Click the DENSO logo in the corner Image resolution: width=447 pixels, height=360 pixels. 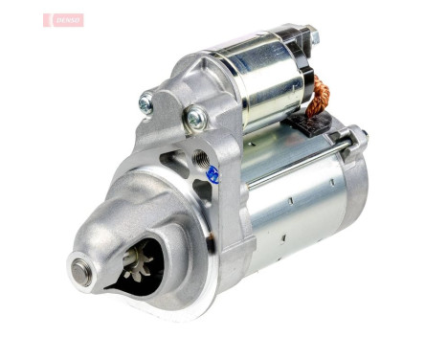coord(63,20)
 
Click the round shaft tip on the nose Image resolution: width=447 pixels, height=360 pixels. coord(80,267)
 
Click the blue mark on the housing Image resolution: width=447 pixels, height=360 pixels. coord(212,174)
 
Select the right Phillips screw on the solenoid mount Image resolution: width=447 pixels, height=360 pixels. coord(196,119)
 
